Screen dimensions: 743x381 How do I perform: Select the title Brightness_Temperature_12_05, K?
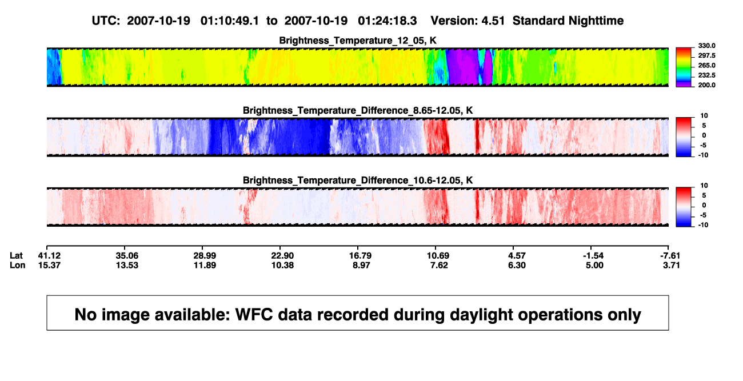pyautogui.click(x=358, y=41)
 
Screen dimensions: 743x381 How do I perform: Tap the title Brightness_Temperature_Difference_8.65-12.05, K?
pyautogui.click(x=358, y=110)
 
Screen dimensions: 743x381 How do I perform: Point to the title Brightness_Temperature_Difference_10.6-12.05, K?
pyautogui.click(x=358, y=181)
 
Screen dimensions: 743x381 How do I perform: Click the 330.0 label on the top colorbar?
pyautogui.click(x=706, y=46)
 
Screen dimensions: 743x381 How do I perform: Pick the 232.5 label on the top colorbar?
pyautogui.click(x=706, y=75)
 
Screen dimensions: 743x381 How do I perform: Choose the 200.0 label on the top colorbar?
pyautogui.click(x=706, y=85)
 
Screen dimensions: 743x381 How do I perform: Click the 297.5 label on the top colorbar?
pyautogui.click(x=706, y=56)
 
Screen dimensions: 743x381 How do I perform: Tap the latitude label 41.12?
pyautogui.click(x=49, y=256)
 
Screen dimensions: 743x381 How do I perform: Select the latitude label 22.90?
pyautogui.click(x=282, y=256)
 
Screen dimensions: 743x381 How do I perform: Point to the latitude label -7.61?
pyautogui.click(x=669, y=256)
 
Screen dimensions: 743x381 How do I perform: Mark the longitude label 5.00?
pyautogui.click(x=594, y=265)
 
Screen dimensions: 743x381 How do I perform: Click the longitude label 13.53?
pyautogui.click(x=127, y=265)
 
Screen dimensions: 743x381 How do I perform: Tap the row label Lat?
pyautogui.click(x=16, y=256)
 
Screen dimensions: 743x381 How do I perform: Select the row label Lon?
pyautogui.click(x=17, y=265)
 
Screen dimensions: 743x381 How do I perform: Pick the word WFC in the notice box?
pyautogui.click(x=254, y=315)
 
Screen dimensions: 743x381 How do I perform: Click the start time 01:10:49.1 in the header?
pyautogui.click(x=230, y=21)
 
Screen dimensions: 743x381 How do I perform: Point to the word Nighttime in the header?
pyautogui.click(x=596, y=21)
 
